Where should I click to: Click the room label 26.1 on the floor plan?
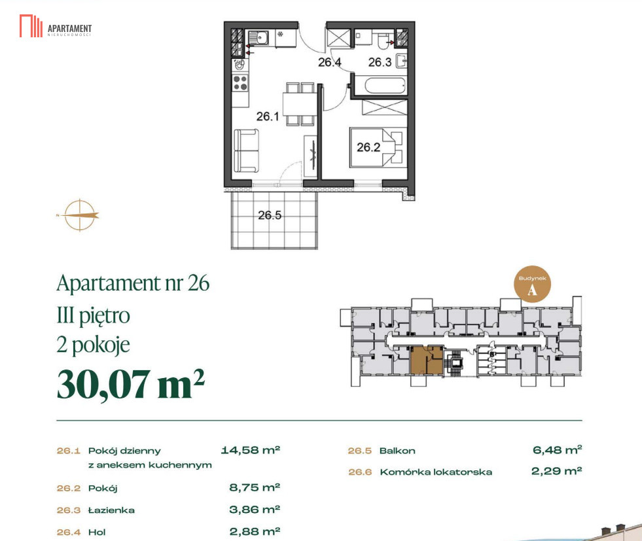(x=268, y=116)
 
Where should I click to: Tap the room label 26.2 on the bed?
(x=368, y=147)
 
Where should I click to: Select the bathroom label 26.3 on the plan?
(x=380, y=62)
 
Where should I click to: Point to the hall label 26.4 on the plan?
(x=330, y=62)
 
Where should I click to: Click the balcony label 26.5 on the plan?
(x=270, y=215)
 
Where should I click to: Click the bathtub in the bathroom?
(x=385, y=86)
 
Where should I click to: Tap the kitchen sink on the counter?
(x=258, y=39)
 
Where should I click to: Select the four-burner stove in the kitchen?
(x=240, y=82)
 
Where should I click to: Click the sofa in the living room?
(x=247, y=150)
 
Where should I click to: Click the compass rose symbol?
(x=79, y=215)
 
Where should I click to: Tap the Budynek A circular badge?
(x=532, y=285)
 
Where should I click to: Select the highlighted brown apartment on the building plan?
(x=427, y=360)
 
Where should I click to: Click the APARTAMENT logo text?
(x=69, y=29)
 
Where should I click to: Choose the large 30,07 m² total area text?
(x=131, y=384)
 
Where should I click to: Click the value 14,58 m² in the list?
(x=251, y=450)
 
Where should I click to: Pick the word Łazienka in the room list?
(x=111, y=510)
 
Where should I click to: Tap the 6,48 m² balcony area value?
(x=557, y=450)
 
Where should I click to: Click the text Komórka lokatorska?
(x=436, y=472)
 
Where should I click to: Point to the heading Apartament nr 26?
(x=133, y=283)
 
